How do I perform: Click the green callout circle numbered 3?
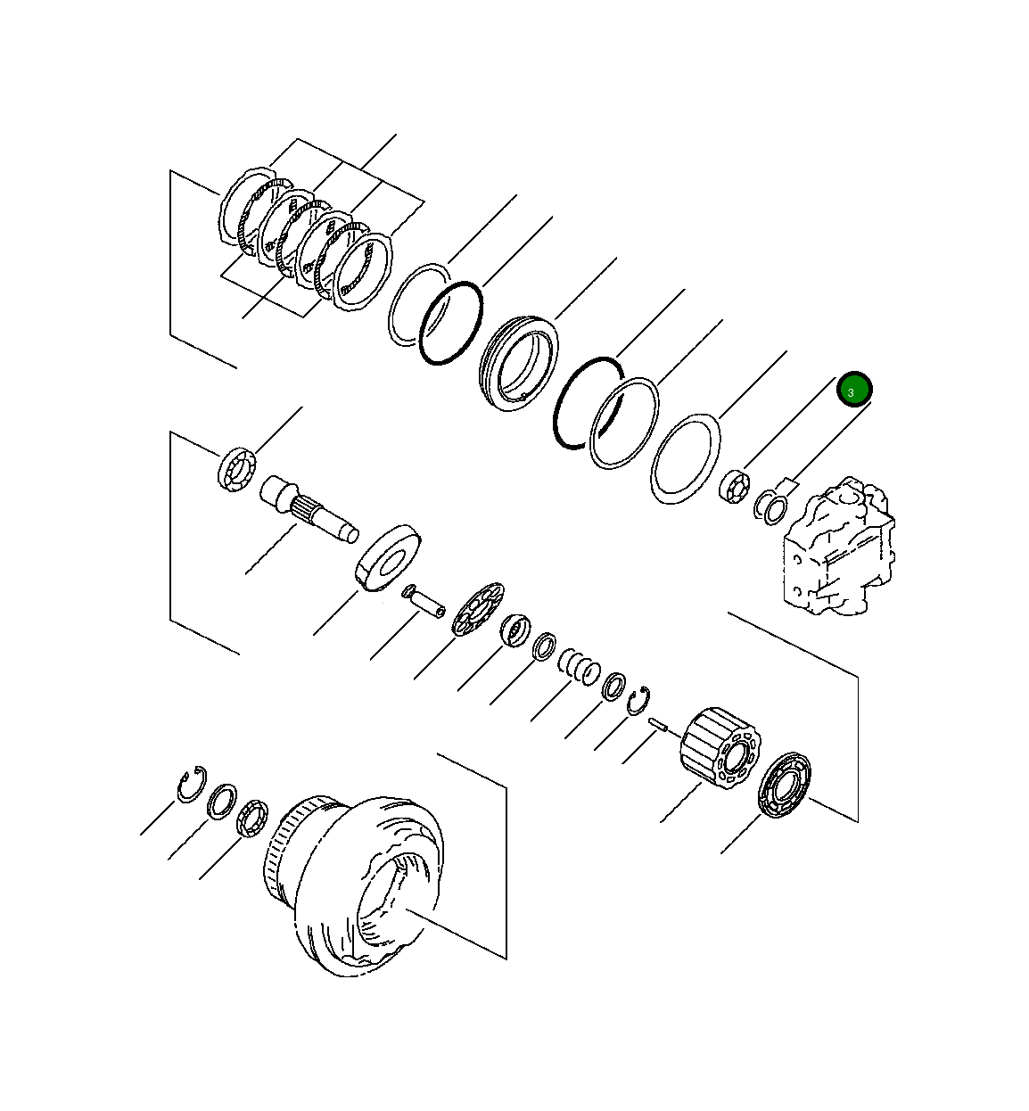click(853, 390)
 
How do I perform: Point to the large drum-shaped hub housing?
click(357, 883)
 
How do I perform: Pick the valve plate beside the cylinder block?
click(785, 784)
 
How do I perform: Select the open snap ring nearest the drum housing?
click(190, 784)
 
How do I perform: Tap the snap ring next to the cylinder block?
click(638, 702)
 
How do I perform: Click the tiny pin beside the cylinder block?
click(659, 726)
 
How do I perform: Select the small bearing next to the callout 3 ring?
click(736, 487)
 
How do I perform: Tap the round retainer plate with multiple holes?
click(478, 609)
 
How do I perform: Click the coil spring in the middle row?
click(579, 666)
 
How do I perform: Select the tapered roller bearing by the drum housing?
click(252, 819)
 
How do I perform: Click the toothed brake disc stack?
click(303, 241)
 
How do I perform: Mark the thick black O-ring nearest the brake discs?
click(450, 323)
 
